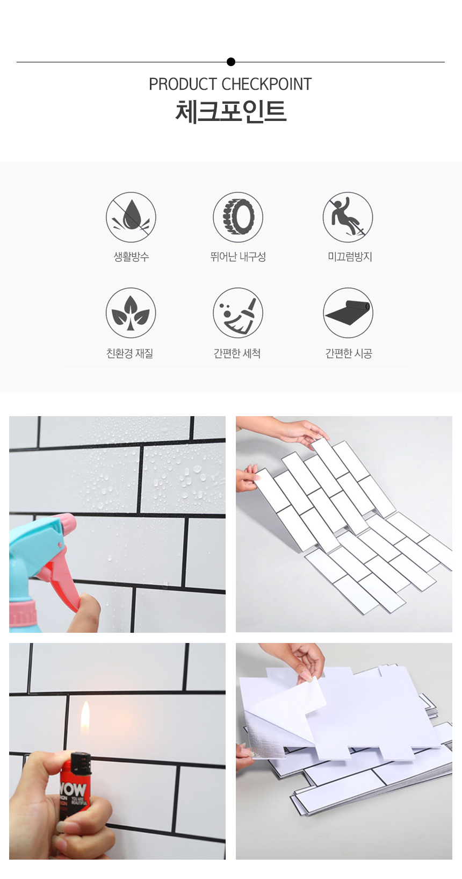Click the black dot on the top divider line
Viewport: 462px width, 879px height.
pyautogui.click(x=231, y=62)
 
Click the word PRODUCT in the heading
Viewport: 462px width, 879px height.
pyautogui.click(x=183, y=84)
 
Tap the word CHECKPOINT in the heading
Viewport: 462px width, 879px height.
pyautogui.click(x=266, y=84)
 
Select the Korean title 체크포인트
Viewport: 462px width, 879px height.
pyautogui.click(x=231, y=112)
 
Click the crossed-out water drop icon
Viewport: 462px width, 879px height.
pyautogui.click(x=131, y=217)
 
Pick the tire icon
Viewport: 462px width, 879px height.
pyautogui.click(x=238, y=217)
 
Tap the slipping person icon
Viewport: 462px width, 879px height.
pyautogui.click(x=348, y=217)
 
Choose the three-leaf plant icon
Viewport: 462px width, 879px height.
pyautogui.click(x=131, y=313)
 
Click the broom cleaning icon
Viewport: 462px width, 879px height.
pyautogui.click(x=238, y=313)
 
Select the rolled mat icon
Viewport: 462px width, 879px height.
pyautogui.click(x=348, y=313)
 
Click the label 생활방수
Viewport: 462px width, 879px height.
pyautogui.click(x=132, y=256)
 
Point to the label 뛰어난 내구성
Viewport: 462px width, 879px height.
pyautogui.click(x=238, y=256)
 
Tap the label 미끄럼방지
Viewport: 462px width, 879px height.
pyautogui.click(x=350, y=256)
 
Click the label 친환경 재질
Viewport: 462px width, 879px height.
pyautogui.click(x=130, y=353)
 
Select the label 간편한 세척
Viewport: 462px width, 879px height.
pyautogui.click(x=237, y=353)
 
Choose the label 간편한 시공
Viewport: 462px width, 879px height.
pyautogui.click(x=349, y=353)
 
